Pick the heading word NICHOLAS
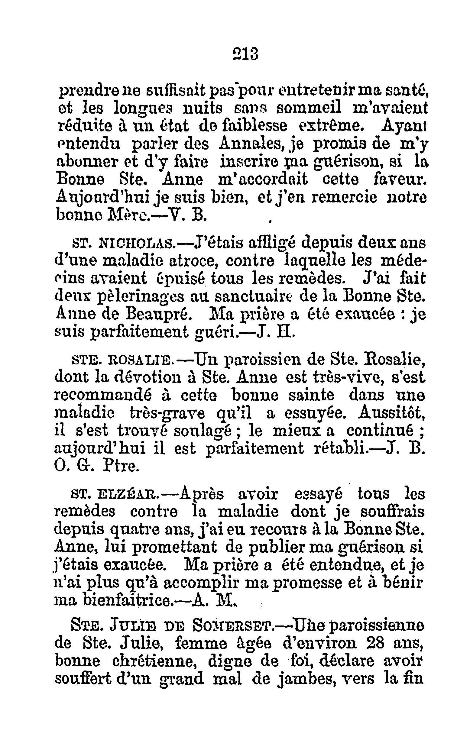pos(137,244)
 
